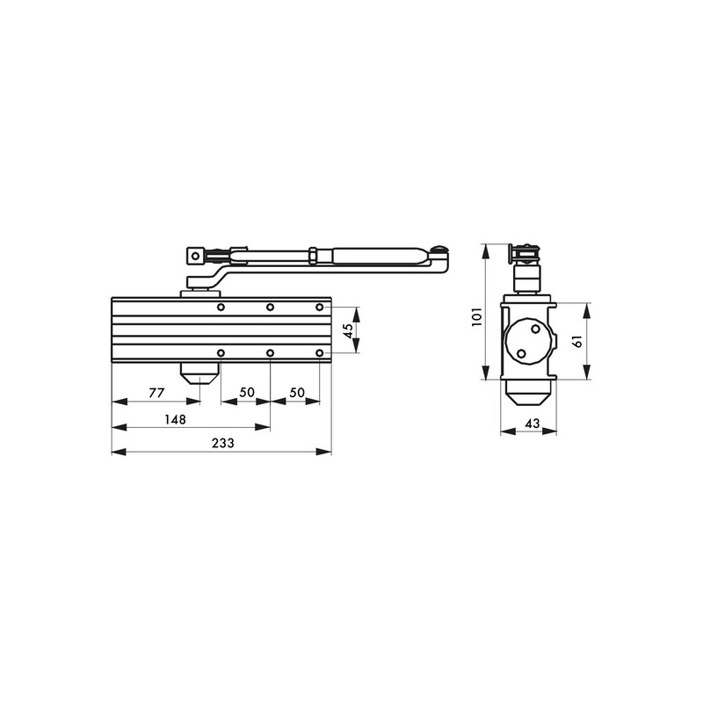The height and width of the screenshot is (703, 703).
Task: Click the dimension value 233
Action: click(x=222, y=444)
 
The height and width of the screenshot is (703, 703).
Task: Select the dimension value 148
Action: click(x=175, y=419)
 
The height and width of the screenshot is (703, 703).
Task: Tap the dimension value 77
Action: click(x=156, y=393)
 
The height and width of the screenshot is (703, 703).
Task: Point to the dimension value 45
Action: click(x=348, y=330)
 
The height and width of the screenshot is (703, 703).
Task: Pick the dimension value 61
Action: click(x=577, y=340)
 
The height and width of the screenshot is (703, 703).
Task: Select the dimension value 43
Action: click(x=529, y=424)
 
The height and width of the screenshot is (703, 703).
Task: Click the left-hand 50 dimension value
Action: click(x=245, y=393)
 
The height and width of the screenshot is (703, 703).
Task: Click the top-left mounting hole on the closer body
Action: click(x=221, y=308)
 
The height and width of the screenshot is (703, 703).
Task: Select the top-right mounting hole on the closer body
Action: click(x=320, y=308)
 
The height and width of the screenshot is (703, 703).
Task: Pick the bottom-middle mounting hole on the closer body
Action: click(x=271, y=353)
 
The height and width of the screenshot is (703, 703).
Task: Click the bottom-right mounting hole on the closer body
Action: click(x=320, y=353)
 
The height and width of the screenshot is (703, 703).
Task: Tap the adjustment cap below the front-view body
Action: click(x=200, y=374)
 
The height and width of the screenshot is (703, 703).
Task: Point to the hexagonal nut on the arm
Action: click(x=314, y=256)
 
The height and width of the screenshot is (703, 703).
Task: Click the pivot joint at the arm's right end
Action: click(x=440, y=257)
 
